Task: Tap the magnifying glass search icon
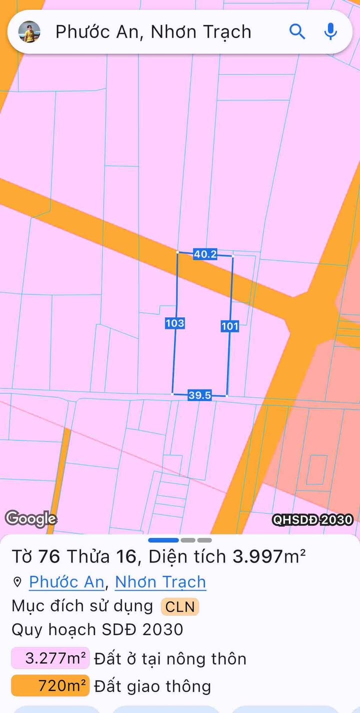pyautogui.click(x=297, y=32)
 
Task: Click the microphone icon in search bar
pyautogui.click(x=330, y=32)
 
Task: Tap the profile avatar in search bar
pyautogui.click(x=29, y=32)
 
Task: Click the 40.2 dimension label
pyautogui.click(x=205, y=254)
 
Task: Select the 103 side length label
pyautogui.click(x=174, y=323)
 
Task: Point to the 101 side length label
pyautogui.click(x=229, y=326)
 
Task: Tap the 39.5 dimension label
pyautogui.click(x=199, y=395)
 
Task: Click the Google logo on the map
pyautogui.click(x=30, y=518)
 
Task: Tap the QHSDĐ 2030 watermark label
pyautogui.click(x=312, y=520)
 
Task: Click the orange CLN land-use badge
pyautogui.click(x=180, y=607)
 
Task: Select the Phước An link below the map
pyautogui.click(x=66, y=582)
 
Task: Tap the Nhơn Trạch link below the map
pyautogui.click(x=160, y=582)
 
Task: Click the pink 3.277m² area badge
pyautogui.click(x=50, y=658)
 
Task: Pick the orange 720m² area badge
pyautogui.click(x=50, y=686)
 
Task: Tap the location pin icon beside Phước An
pyautogui.click(x=17, y=582)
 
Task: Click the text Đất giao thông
pyautogui.click(x=152, y=686)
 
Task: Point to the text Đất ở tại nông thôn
pyautogui.click(x=170, y=658)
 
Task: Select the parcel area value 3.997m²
pyautogui.click(x=269, y=556)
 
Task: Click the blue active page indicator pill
pyautogui.click(x=163, y=540)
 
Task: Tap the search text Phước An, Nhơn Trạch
pyautogui.click(x=153, y=32)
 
